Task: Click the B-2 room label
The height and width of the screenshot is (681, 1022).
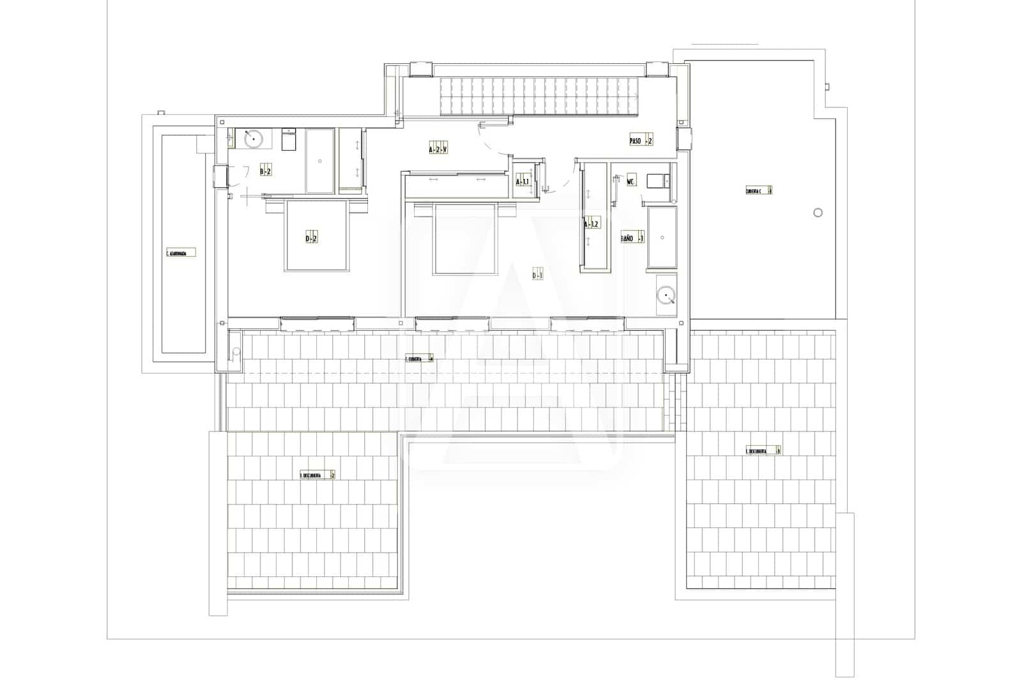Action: pyautogui.click(x=265, y=171)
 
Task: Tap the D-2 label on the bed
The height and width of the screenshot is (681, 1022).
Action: pyautogui.click(x=311, y=238)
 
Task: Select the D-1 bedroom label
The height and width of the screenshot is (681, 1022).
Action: pyautogui.click(x=537, y=275)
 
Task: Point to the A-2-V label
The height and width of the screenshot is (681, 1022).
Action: pyautogui.click(x=438, y=149)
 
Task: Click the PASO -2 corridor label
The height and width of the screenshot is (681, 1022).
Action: pyautogui.click(x=641, y=141)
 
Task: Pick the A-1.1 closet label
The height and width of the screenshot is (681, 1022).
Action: pyautogui.click(x=522, y=182)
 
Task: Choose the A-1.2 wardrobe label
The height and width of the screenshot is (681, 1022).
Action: pyautogui.click(x=592, y=224)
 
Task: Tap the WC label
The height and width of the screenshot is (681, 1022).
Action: pyautogui.click(x=631, y=181)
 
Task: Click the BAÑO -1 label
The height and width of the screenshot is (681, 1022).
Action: pyautogui.click(x=632, y=238)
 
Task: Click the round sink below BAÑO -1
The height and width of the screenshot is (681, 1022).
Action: pyautogui.click(x=666, y=295)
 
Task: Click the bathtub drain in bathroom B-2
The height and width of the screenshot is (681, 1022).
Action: pyautogui.click(x=319, y=161)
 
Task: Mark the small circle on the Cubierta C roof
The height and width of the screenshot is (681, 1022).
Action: pyautogui.click(x=818, y=213)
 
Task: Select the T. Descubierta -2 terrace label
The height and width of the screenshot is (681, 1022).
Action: pyautogui.click(x=317, y=475)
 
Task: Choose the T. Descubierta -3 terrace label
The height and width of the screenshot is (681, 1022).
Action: pyautogui.click(x=763, y=450)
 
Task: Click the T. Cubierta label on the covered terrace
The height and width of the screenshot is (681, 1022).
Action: pyautogui.click(x=419, y=358)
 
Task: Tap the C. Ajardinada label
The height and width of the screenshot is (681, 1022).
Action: pyautogui.click(x=180, y=252)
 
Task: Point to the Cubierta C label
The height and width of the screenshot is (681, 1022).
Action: pyautogui.click(x=759, y=190)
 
